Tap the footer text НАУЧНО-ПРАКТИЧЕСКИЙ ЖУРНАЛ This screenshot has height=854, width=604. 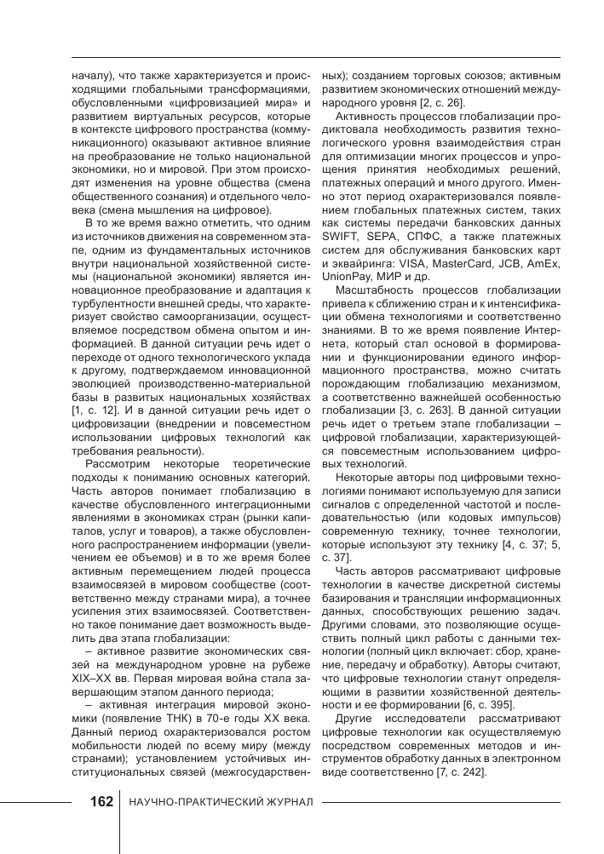[x=221, y=804]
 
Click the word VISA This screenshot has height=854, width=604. [x=415, y=264]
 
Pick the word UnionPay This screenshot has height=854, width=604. [x=345, y=278]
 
